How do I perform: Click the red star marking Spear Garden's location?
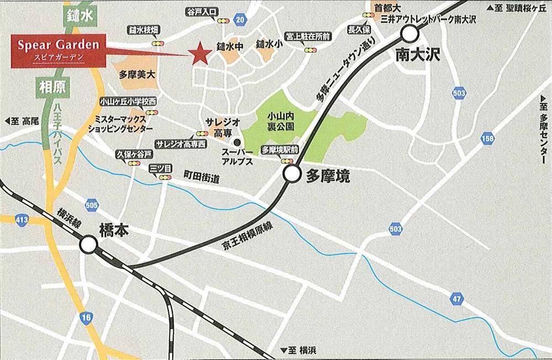(x=199, y=54)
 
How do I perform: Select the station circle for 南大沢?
(x=410, y=35)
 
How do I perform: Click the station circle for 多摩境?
(x=291, y=175)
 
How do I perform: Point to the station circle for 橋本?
(x=88, y=244)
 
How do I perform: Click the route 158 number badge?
(x=487, y=139)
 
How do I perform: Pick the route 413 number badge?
(x=22, y=221)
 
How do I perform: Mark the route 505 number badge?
(x=92, y=205)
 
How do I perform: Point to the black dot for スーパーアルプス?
(x=236, y=141)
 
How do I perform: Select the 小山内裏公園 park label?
(x=280, y=121)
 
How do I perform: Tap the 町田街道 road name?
(x=201, y=178)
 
